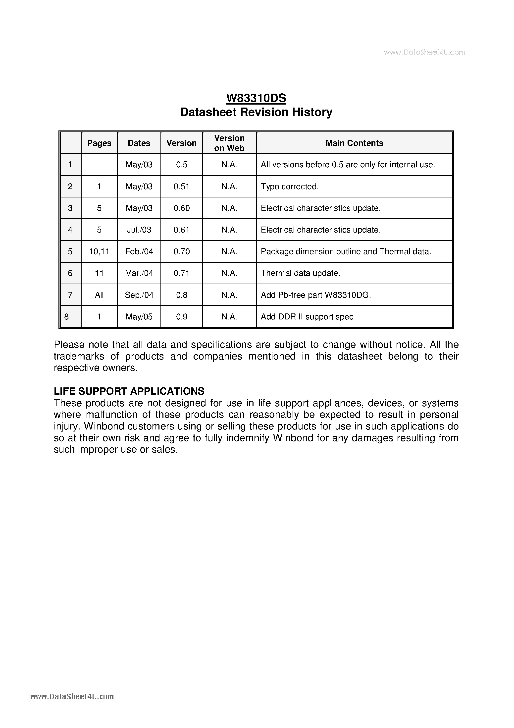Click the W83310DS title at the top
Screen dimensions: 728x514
click(256, 98)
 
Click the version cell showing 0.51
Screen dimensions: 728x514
click(182, 186)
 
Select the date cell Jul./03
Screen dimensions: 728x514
click(139, 230)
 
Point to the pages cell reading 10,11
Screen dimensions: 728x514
click(99, 251)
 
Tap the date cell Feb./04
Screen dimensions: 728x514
click(139, 251)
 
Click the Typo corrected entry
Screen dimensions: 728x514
click(289, 186)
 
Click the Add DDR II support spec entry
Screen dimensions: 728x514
click(307, 317)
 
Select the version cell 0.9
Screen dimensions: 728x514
click(182, 317)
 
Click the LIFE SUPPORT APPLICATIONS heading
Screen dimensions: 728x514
click(129, 391)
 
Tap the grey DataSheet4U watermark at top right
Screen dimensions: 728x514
click(424, 52)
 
